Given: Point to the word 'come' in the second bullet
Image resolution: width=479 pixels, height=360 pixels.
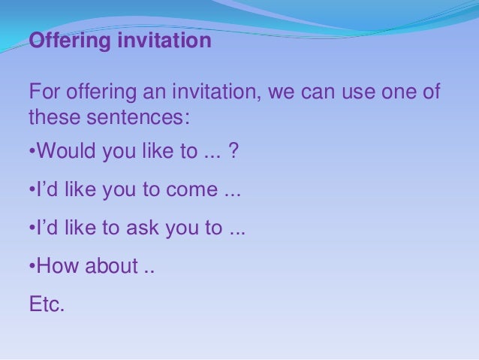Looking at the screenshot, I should point(192,191).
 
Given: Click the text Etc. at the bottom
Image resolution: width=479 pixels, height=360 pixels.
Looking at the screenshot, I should point(47,304).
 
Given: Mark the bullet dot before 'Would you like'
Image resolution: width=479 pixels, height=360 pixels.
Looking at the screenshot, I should point(32,153).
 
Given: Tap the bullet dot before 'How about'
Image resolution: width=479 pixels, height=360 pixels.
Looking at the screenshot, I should point(32,267).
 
